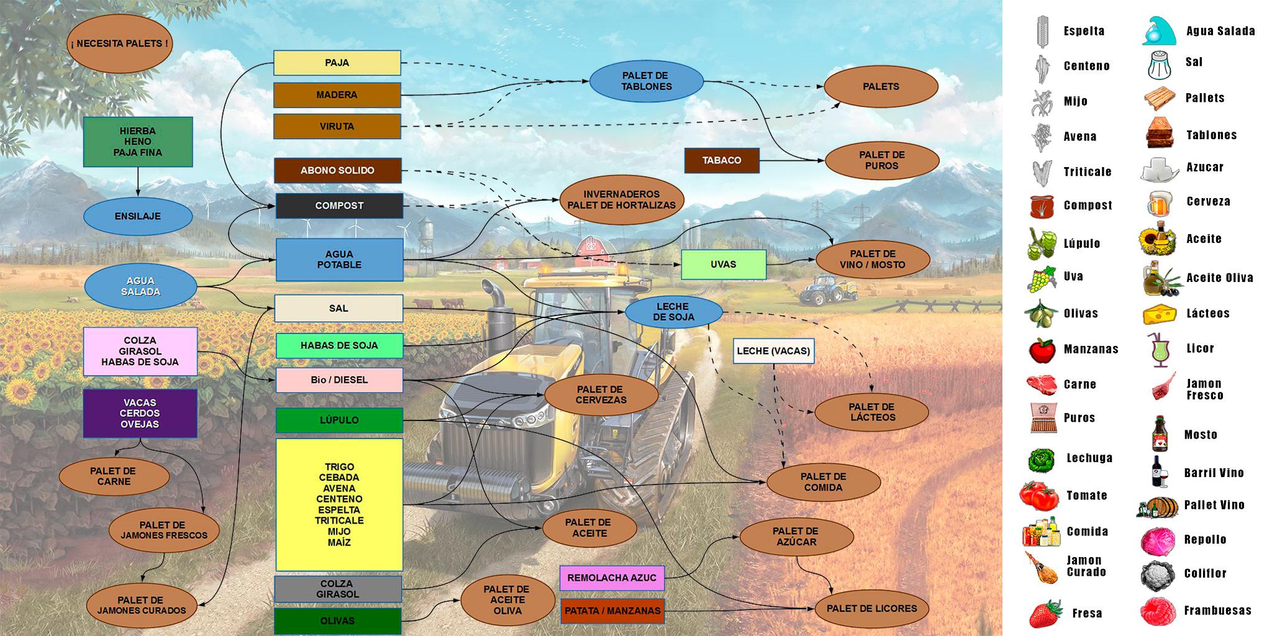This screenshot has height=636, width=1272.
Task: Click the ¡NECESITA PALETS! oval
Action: coord(119,44)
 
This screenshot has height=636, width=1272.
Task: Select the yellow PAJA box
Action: coord(337,63)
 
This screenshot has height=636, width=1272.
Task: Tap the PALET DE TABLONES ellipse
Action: coord(646,81)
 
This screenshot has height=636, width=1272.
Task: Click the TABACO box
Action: coord(721,160)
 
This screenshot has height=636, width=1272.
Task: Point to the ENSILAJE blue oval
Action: coord(138,216)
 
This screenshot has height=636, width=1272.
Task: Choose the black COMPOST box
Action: coord(338,206)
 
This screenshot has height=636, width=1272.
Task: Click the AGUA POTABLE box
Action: coord(339,260)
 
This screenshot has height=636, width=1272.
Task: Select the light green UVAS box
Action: coord(723,265)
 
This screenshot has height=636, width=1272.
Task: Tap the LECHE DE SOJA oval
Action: coord(673,312)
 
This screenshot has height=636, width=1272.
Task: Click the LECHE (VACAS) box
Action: coord(773,351)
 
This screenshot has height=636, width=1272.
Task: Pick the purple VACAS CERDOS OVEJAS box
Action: coord(140,414)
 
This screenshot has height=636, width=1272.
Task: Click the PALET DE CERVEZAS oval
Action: coord(601,395)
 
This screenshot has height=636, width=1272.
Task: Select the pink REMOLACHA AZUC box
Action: coord(612,578)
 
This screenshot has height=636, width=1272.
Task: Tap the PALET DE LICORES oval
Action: coord(871,609)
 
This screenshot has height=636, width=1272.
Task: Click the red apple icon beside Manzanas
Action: coord(1042,350)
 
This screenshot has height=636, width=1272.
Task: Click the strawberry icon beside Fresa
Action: coord(1046,614)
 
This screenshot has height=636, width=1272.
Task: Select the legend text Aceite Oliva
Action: coord(1219,278)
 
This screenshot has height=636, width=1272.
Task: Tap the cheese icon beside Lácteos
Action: coord(1159,314)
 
